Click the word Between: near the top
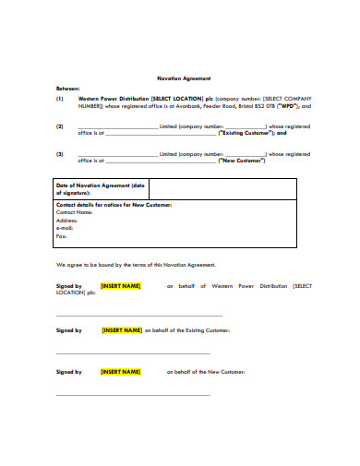(67, 88)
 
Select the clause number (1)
(60, 98)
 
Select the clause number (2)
(60, 126)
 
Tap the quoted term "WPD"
(283, 106)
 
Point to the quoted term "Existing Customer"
(245, 134)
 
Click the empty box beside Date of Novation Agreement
(222, 190)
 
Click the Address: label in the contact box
(67, 221)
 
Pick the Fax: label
(62, 236)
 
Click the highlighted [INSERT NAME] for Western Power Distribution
(120, 286)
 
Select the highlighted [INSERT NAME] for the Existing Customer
(122, 329)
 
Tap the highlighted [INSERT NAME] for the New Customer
(120, 372)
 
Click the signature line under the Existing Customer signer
(133, 352)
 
